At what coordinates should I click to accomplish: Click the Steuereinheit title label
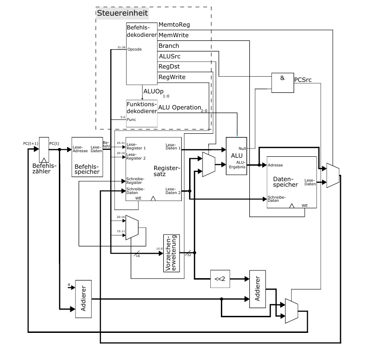tap(122, 13)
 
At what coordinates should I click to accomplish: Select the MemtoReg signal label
tap(174, 24)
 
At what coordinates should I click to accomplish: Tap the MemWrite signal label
tap(173, 35)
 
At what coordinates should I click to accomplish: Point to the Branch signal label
tap(169, 46)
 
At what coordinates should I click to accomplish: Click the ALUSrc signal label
tap(169, 56)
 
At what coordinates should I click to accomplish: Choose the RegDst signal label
tap(169, 67)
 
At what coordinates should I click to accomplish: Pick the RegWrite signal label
tap(172, 77)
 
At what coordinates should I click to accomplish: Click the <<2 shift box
tap(219, 279)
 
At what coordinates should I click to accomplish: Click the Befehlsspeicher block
tap(87, 156)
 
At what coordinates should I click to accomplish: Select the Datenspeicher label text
tap(286, 181)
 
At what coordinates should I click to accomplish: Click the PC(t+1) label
tap(31, 143)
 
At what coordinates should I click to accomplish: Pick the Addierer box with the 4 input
tap(83, 298)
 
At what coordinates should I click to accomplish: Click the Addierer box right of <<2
tap(258, 289)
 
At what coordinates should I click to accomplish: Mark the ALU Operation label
tap(180, 108)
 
